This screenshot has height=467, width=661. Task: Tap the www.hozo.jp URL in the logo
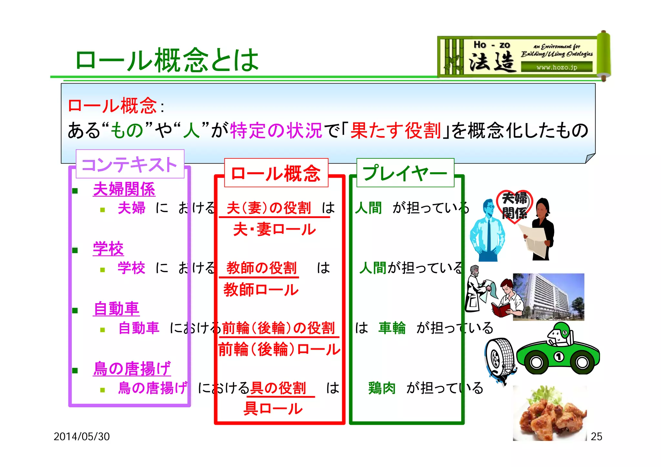(556, 67)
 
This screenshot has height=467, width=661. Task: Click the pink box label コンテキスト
(130, 164)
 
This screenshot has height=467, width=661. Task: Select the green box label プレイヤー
(405, 173)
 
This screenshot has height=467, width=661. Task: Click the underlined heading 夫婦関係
(124, 189)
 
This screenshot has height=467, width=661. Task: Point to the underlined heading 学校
(108, 249)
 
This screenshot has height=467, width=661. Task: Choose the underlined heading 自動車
(116, 309)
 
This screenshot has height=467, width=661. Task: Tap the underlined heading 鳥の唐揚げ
(132, 368)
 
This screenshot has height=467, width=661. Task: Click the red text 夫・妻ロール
(274, 229)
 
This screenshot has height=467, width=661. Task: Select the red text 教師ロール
(261, 290)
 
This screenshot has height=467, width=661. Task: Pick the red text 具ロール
(273, 409)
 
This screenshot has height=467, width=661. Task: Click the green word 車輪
(392, 328)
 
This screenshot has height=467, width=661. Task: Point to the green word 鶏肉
(382, 388)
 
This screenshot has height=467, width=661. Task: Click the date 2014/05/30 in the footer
(82, 436)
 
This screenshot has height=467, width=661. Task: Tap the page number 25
(596, 436)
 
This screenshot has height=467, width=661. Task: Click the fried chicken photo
(550, 413)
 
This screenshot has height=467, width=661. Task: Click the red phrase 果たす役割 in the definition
(395, 131)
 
